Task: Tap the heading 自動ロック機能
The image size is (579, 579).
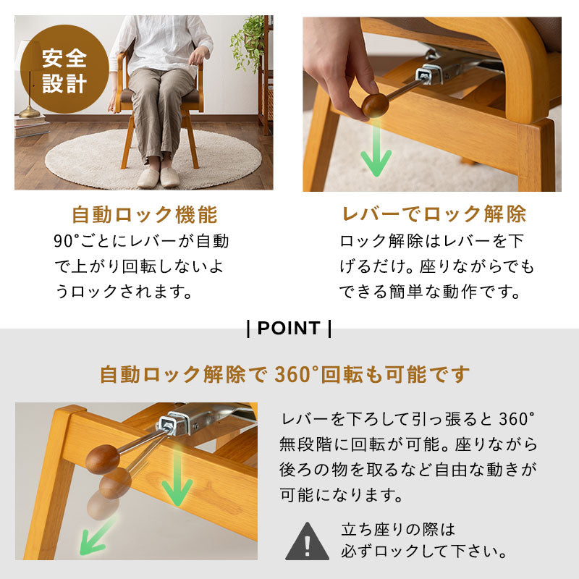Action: click(144, 215)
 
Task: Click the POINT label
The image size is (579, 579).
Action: click(289, 328)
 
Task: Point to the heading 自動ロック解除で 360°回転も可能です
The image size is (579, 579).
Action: click(284, 375)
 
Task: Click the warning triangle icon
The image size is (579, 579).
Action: click(307, 541)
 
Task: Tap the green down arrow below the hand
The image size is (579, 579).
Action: click(376, 152)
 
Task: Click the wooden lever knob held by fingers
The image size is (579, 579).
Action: click(375, 105)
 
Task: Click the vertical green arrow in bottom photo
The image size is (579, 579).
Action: click(176, 481)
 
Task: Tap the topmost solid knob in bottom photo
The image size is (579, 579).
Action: click(102, 459)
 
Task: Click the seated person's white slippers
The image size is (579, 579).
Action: click(159, 177)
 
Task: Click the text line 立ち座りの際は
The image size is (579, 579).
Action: click(398, 529)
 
